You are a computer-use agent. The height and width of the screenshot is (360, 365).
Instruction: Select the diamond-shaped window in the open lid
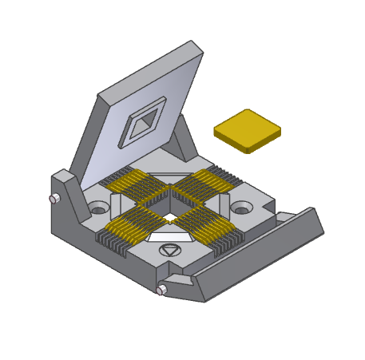[145, 122]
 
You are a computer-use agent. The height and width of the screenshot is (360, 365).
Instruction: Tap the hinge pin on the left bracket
[54, 199]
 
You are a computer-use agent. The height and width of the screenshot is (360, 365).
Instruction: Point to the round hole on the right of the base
[241, 209]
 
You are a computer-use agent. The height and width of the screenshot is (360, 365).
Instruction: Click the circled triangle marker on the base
[169, 251]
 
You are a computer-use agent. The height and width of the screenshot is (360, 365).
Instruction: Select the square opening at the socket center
[170, 216]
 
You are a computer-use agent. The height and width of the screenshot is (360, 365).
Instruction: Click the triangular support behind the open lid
[185, 140]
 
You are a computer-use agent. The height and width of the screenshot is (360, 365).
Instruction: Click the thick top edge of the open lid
[148, 69]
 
